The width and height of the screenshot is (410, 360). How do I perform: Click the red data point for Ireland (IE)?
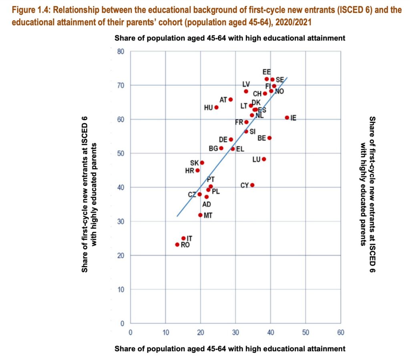tap(287, 118)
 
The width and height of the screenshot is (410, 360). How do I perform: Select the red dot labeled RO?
tap(177, 245)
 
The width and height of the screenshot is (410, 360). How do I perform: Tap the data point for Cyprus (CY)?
tap(252, 185)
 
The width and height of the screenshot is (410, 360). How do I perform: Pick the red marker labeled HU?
tap(217, 107)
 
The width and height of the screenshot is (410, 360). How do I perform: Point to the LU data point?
tap(264, 159)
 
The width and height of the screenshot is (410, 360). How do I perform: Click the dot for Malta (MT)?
tap(200, 215)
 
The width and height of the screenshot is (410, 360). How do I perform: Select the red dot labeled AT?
tap(231, 99)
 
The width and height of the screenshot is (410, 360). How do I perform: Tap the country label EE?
tap(267, 72)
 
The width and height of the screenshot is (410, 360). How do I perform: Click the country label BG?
tap(213, 149)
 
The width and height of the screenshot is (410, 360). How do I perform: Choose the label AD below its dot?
tap(207, 205)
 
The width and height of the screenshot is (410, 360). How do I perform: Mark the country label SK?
tap(194, 163)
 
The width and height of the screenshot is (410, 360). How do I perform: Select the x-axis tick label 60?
tap(341, 332)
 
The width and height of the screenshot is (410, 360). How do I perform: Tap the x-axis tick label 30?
tap(235, 332)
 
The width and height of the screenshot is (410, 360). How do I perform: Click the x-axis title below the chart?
tap(229, 349)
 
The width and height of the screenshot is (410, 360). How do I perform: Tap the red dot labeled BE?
tap(269, 138)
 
